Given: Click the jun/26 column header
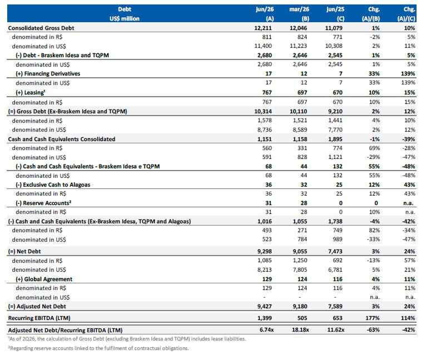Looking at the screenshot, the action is (x=265, y=9).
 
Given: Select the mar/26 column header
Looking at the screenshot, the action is (x=299, y=9).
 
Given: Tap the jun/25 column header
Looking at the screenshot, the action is (x=335, y=9).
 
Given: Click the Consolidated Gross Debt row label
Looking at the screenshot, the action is (x=41, y=28).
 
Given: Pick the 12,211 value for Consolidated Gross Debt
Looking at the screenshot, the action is (x=263, y=28).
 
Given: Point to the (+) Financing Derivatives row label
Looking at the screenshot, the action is (x=48, y=73).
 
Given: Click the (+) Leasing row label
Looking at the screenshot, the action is (x=30, y=93).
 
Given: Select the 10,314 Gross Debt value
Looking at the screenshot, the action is (x=263, y=112).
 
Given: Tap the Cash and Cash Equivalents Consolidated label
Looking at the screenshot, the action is (x=62, y=139).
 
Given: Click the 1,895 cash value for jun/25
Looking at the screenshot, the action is (x=335, y=139).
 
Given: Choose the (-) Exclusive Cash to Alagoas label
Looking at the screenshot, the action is (x=53, y=185).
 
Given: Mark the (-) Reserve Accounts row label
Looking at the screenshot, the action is (x=43, y=203).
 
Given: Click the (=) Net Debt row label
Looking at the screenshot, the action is (x=24, y=252).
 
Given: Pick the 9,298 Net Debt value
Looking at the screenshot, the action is (x=264, y=252).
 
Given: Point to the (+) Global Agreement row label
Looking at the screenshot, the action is (x=44, y=279).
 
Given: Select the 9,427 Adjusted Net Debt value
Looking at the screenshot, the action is (x=264, y=307).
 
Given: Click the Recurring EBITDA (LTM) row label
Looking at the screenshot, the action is (x=39, y=318).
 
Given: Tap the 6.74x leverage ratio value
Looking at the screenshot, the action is (x=266, y=330).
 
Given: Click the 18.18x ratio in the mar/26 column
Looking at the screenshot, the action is (x=300, y=330).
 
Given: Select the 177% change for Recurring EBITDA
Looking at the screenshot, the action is (x=373, y=318).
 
